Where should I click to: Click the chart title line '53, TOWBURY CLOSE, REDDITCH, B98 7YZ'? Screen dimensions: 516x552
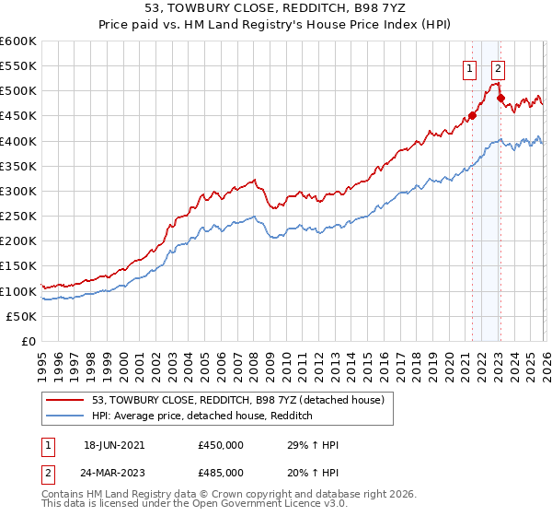(x=275, y=8)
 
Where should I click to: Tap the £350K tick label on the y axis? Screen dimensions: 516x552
(x=18, y=166)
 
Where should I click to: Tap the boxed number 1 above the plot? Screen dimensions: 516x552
(x=470, y=67)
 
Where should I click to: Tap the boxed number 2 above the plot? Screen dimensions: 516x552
(x=498, y=67)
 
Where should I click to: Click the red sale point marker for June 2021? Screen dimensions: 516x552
(x=472, y=116)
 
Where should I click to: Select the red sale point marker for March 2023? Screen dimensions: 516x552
(x=500, y=98)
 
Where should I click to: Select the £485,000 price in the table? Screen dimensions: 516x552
(x=221, y=471)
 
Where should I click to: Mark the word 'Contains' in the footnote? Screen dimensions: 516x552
(x=63, y=495)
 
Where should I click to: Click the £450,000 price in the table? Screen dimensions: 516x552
(x=221, y=444)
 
